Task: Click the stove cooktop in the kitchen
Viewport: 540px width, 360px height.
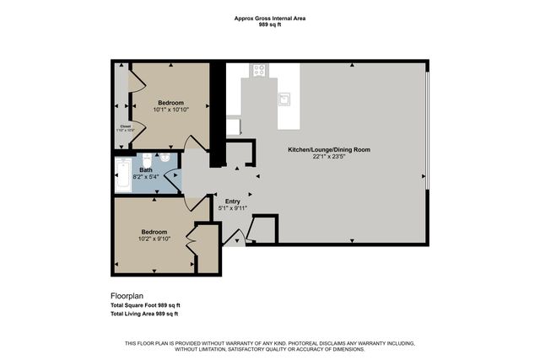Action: pos(260,72)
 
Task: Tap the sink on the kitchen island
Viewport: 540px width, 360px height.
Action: pos(285,100)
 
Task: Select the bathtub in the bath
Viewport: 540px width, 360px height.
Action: pos(122,175)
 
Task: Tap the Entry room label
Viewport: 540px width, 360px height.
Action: pos(233,201)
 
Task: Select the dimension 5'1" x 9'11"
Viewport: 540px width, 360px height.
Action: pos(233,208)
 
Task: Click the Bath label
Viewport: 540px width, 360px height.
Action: pos(146,170)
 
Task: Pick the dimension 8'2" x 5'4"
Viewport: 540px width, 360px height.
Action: pos(146,177)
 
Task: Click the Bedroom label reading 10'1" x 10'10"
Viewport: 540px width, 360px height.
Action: pos(171,103)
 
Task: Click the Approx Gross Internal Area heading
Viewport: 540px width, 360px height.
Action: pos(270,18)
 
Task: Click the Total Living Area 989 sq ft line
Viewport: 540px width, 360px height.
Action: pos(145,314)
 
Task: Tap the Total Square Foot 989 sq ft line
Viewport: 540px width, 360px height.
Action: pos(146,305)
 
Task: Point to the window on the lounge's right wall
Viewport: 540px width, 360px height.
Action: pos(428,126)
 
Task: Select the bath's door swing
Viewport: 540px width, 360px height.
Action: pos(172,180)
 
